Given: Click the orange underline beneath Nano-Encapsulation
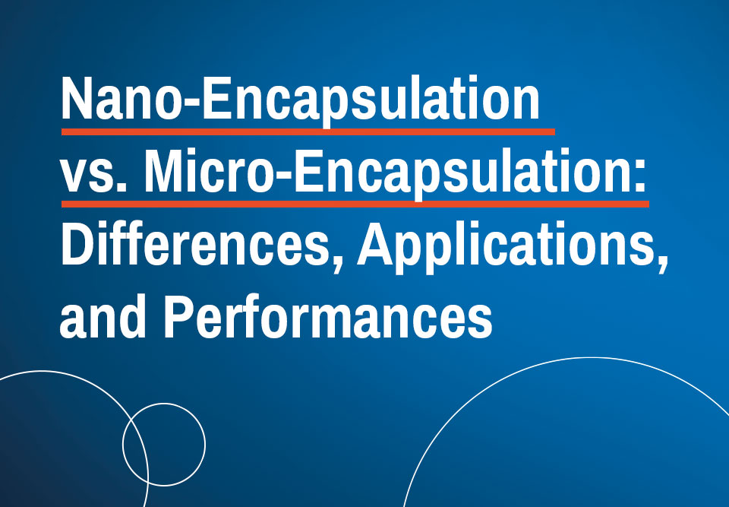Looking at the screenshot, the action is click(x=308, y=132).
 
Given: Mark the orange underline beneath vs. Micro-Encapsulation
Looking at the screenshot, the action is click(x=355, y=204).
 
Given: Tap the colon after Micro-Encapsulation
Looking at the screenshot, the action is click(x=640, y=176).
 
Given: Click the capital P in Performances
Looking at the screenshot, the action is click(x=178, y=316).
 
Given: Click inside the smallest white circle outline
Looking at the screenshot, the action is click(x=123, y=445).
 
